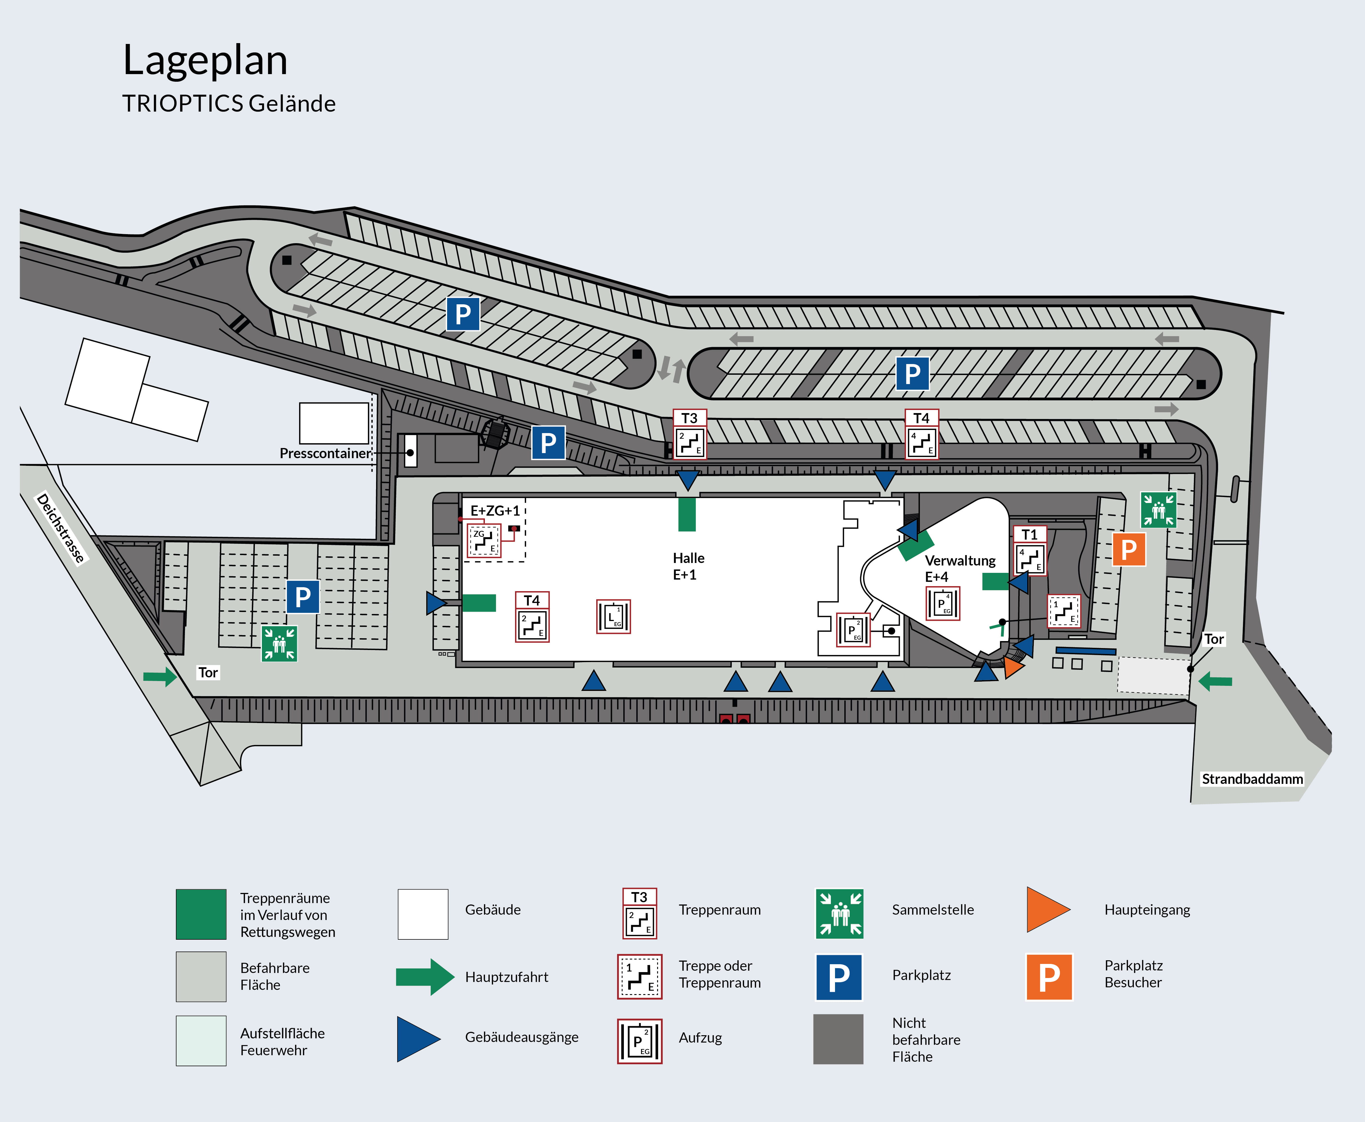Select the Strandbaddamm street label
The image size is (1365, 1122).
(x=1252, y=779)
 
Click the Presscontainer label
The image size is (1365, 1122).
(x=324, y=453)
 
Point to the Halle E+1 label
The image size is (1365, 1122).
(x=688, y=566)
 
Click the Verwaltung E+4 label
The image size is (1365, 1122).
(x=960, y=568)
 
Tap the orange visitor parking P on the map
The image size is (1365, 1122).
(x=1128, y=549)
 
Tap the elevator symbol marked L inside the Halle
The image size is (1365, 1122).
(x=613, y=617)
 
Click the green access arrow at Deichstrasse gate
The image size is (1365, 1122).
(x=160, y=677)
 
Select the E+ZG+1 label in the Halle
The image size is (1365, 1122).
(x=495, y=511)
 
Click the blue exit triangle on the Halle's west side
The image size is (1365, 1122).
(x=436, y=603)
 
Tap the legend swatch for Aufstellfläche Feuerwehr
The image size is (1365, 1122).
(x=201, y=1041)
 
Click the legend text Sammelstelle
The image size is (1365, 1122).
(x=933, y=910)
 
